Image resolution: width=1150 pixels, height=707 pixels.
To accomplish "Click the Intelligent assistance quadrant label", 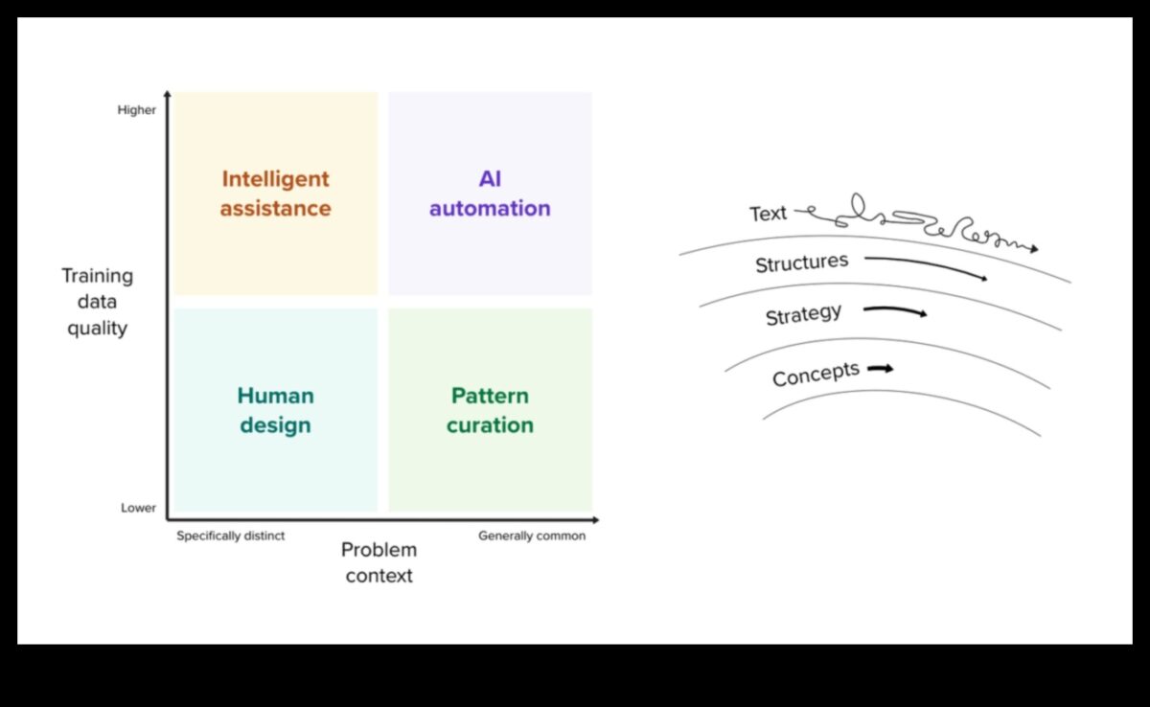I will [275, 194].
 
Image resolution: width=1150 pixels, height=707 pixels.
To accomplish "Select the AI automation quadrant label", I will [490, 194].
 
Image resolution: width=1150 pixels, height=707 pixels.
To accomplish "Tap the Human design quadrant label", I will [275, 410].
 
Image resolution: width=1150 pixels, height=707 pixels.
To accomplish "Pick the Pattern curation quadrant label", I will [490, 410].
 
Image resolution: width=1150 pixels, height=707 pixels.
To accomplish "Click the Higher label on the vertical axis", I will [137, 110].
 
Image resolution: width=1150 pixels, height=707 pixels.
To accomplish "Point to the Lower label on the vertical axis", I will [138, 508].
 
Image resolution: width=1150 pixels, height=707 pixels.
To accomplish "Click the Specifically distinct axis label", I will [230, 536].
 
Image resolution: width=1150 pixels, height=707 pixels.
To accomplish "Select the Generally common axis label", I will [532, 536].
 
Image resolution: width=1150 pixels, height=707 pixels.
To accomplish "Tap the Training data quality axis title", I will [97, 302].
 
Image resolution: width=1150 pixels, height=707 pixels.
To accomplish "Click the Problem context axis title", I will [379, 562].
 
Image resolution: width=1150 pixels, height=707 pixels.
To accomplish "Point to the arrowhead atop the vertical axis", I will [168, 94].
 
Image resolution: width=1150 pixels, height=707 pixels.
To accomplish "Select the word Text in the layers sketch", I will [768, 214].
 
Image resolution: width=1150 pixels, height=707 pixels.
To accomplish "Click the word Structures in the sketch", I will [801, 262].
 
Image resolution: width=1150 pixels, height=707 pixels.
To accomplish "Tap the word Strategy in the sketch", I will [803, 314].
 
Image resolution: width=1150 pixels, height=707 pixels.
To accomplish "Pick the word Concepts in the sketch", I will [816, 374].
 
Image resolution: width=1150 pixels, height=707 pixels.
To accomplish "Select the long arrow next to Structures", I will [926, 266].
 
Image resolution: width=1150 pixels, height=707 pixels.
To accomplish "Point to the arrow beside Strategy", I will [895, 310].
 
